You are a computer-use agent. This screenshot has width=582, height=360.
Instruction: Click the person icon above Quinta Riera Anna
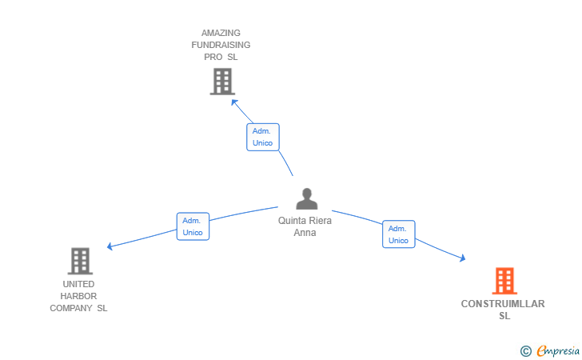pyautogui.click(x=306, y=198)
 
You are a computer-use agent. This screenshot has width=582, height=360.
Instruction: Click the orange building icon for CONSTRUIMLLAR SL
pyautogui.click(x=504, y=281)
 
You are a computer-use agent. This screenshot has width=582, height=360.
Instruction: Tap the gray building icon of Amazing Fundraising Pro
pyautogui.click(x=221, y=82)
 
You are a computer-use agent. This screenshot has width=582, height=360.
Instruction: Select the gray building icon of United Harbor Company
pyautogui.click(x=79, y=261)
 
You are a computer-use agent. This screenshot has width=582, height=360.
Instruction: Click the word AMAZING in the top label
pyautogui.click(x=221, y=34)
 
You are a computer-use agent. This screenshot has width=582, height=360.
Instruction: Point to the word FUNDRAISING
pyautogui.click(x=221, y=46)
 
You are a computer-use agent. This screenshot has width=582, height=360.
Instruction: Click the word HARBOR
pyautogui.click(x=78, y=296)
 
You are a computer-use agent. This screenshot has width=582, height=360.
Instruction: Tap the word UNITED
pyautogui.click(x=78, y=284)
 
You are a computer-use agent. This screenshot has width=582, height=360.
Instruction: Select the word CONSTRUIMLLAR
pyautogui.click(x=503, y=304)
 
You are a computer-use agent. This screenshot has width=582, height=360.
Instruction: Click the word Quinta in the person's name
pyautogui.click(x=293, y=221)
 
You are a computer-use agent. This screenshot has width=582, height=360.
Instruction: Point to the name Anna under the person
pyautogui.click(x=305, y=233)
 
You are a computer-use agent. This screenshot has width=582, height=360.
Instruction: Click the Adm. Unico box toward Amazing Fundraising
pyautogui.click(x=262, y=137)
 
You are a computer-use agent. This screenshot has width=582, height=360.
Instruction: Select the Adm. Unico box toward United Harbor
pyautogui.click(x=193, y=226)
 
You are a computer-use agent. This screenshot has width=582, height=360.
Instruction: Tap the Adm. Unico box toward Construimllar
pyautogui.click(x=398, y=234)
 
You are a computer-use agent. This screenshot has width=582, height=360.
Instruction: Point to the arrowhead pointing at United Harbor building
pyautogui.click(x=110, y=247)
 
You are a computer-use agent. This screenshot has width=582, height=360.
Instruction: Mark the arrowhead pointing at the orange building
pyautogui.click(x=462, y=258)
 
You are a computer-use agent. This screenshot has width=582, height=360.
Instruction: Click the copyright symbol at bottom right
pyautogui.click(x=525, y=350)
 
